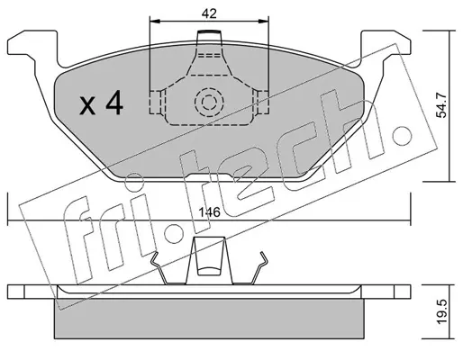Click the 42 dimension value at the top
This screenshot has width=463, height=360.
(209, 13)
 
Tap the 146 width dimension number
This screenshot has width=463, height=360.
(209, 212)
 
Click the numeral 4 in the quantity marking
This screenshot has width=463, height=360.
(114, 103)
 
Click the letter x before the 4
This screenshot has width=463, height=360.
(87, 106)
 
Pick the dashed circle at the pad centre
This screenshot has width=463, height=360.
(209, 103)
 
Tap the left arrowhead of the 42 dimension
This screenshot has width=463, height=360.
(155, 21)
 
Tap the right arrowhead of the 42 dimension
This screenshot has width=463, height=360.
(263, 21)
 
